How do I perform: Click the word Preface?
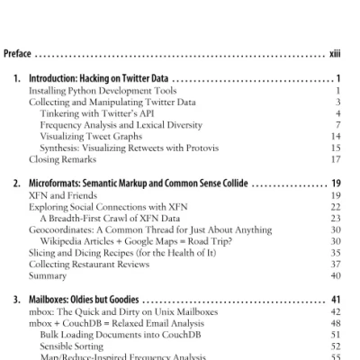tap(20, 53)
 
